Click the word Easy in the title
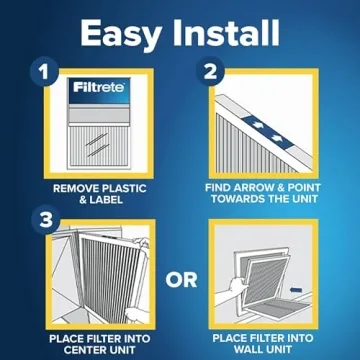click(119, 33)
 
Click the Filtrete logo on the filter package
click(96, 91)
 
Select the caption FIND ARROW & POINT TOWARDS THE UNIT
click(271, 192)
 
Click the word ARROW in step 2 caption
click(265, 186)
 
